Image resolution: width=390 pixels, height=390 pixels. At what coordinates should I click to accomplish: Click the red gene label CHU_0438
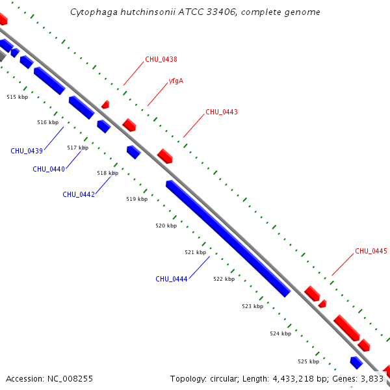click(161, 59)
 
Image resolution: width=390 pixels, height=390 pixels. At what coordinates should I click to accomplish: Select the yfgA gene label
click(175, 81)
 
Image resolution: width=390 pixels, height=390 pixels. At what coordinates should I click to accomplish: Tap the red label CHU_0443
click(222, 112)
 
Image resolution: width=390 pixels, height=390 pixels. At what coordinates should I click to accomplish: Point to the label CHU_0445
click(371, 251)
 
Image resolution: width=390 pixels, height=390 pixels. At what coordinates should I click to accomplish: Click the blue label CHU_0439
click(27, 151)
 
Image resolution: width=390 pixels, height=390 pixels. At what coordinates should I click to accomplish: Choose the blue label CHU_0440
click(49, 169)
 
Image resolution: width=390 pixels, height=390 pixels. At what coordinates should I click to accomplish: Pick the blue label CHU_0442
click(79, 194)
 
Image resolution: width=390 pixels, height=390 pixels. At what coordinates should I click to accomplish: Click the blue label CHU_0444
click(172, 279)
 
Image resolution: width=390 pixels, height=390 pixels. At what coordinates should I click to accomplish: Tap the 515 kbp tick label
click(18, 97)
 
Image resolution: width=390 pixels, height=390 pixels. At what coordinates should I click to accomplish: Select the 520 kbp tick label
click(166, 226)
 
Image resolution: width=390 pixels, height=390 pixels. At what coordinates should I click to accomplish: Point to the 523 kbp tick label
click(253, 306)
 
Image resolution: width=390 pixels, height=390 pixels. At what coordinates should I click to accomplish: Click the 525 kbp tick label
click(309, 361)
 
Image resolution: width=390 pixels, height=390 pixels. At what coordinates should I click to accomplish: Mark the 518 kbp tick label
click(108, 173)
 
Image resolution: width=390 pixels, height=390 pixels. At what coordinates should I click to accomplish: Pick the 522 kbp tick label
click(224, 279)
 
